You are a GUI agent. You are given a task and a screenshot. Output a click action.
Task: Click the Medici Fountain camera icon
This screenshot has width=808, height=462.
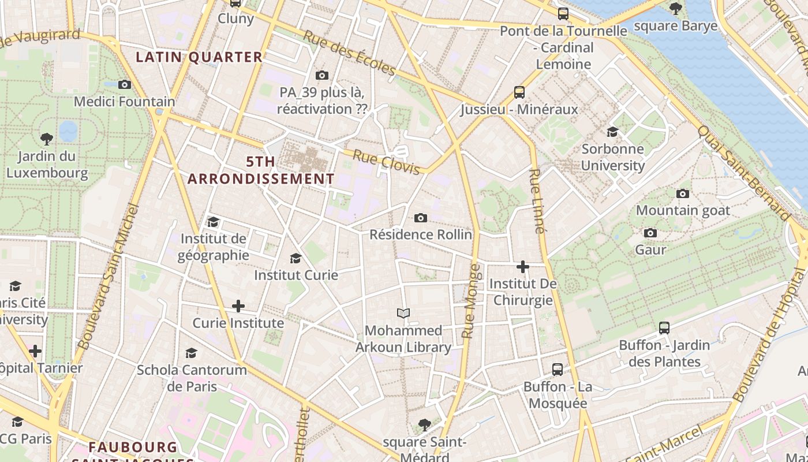124,85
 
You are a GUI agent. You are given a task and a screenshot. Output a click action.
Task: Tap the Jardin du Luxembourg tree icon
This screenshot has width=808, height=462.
47,139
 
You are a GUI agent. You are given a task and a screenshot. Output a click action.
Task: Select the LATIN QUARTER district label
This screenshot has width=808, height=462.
199,57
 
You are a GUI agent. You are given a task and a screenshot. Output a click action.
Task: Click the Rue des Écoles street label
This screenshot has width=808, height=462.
350,53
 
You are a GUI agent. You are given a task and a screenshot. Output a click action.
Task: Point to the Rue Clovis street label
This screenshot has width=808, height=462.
386,162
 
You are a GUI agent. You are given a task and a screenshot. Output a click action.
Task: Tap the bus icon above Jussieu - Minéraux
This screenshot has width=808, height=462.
519,92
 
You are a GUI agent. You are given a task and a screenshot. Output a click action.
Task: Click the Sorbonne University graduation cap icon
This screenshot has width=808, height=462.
612,132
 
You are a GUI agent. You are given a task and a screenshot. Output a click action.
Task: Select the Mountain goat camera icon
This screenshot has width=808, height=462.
683,194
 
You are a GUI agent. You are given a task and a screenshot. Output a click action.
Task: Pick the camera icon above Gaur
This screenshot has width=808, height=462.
650,233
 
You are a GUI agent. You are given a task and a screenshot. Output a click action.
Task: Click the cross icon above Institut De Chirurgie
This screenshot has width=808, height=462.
523,267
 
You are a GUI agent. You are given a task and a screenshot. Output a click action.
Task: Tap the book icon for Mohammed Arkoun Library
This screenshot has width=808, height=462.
403,314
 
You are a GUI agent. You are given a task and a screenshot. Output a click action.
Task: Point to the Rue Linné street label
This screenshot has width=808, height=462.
536,200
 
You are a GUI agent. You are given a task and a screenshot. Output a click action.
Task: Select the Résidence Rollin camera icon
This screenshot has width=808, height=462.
421,218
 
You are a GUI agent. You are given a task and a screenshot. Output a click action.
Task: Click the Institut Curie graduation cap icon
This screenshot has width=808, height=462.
296,258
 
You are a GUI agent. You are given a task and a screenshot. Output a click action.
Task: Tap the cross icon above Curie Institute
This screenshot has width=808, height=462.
238,306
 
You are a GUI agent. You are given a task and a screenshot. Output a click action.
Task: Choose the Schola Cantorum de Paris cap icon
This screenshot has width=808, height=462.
191,353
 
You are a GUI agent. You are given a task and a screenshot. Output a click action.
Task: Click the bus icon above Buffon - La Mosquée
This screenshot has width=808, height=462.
558,370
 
